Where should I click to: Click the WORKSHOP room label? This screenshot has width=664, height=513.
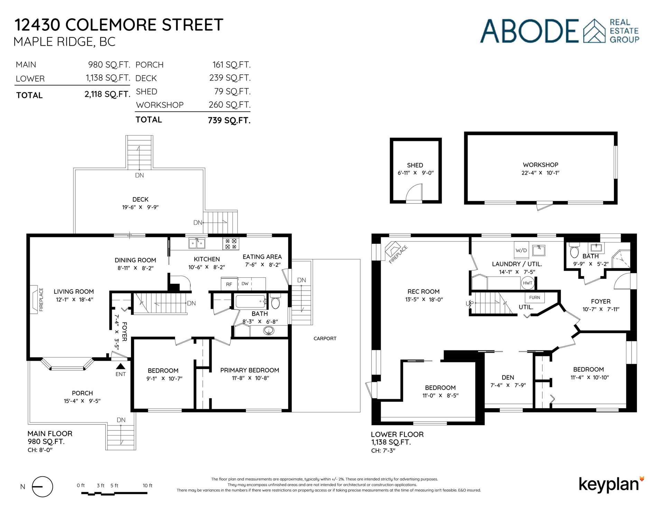click(x=540, y=165)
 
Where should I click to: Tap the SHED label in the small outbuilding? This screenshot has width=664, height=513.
click(x=415, y=165)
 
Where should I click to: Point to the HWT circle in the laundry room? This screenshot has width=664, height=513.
click(x=528, y=283)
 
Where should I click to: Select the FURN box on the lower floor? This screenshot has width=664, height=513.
click(x=534, y=297)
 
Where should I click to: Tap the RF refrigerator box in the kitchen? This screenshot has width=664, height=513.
click(x=229, y=284)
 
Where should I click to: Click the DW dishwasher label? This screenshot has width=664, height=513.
click(x=245, y=284)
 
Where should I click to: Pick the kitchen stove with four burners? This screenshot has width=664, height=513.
click(x=231, y=244)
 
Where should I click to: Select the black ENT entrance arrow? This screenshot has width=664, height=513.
click(x=121, y=366)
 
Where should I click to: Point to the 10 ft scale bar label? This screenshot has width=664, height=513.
click(x=148, y=486)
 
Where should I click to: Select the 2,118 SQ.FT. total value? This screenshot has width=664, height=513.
click(x=107, y=94)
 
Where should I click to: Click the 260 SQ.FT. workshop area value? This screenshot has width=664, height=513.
click(x=229, y=104)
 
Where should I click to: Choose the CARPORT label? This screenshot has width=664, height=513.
click(x=325, y=339)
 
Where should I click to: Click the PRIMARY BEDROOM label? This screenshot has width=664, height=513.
click(x=250, y=370)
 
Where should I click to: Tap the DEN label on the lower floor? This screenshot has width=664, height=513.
click(x=508, y=377)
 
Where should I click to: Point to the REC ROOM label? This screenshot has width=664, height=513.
click(x=423, y=292)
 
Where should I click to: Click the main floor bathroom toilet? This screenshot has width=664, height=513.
click(x=275, y=302)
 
